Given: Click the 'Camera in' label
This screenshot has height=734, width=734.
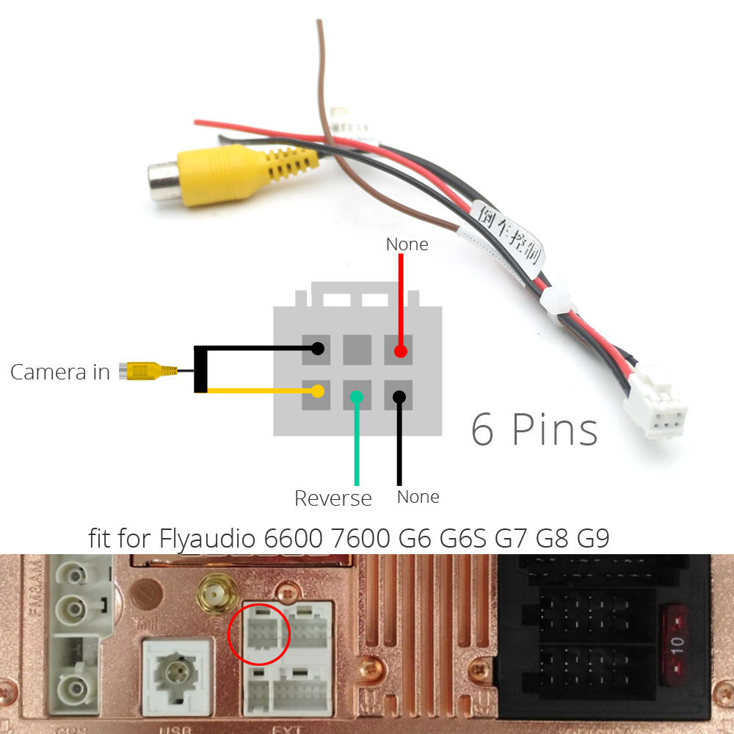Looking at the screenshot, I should tap(59, 371).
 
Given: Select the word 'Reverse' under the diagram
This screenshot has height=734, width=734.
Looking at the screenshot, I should tap(333, 498).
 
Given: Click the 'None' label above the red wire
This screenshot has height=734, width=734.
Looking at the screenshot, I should tap(407, 244).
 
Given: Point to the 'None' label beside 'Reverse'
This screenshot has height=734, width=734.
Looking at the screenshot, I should tap(418, 497).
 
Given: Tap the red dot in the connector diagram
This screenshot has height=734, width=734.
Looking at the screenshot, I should tap(399, 351).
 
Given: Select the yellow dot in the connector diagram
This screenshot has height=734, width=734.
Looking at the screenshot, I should tap(317, 391).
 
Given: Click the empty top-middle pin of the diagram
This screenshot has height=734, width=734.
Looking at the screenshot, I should tap(357, 349).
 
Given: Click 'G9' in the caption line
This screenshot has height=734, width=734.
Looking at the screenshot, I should tap(593, 539).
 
